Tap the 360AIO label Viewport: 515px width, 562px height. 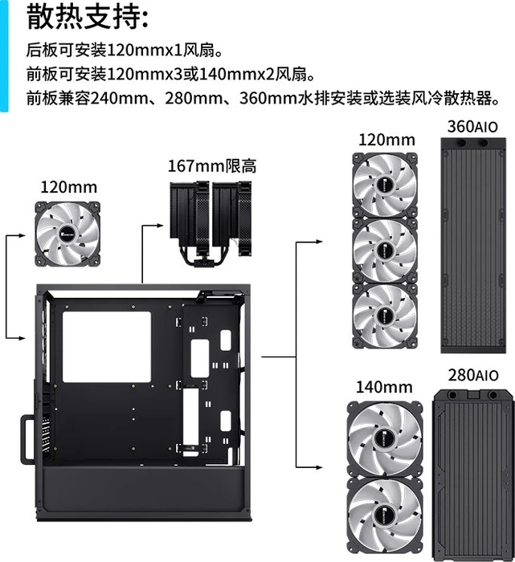472,127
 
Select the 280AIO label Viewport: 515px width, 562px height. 473,375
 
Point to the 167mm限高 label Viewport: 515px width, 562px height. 212,166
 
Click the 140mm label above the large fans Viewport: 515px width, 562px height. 384,387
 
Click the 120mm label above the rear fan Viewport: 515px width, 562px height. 69,187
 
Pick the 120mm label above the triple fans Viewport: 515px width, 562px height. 386,140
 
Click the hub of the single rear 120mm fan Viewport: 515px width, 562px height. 67,234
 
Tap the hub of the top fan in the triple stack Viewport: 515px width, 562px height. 386,185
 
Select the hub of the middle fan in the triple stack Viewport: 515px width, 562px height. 386,250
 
